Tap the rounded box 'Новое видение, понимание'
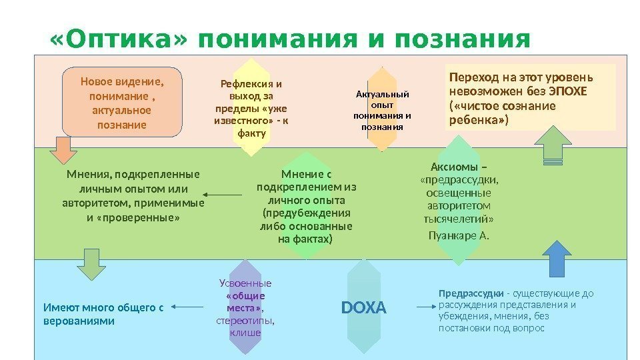point(121,102)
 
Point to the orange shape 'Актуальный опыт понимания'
point(381,110)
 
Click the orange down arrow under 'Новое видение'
point(65,149)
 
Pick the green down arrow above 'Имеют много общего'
point(93,264)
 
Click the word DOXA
point(363,308)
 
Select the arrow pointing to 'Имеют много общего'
point(187,307)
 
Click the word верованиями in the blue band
point(79,321)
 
